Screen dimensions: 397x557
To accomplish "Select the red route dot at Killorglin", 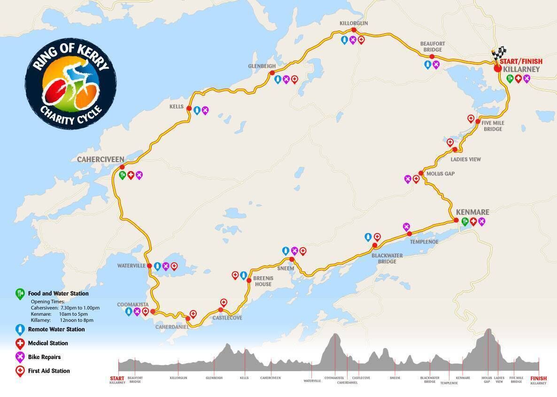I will [354, 31].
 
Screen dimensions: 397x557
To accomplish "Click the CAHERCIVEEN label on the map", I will [101, 160].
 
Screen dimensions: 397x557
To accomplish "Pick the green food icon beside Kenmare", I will [465, 221].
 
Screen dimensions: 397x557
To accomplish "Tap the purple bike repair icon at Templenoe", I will [407, 226].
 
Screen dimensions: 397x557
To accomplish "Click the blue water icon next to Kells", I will [197, 110].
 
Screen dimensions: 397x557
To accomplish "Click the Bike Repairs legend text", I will [44, 357].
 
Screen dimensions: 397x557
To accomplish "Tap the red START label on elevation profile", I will [117, 378].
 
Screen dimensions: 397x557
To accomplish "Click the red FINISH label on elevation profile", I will [538, 378].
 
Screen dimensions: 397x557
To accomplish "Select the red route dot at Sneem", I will [292, 259].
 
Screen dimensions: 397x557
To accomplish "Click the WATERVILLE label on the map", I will [131, 265].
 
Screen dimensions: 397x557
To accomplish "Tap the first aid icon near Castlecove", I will [224, 302].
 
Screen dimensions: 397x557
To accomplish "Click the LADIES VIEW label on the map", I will [465, 159].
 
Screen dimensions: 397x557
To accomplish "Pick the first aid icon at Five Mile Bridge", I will [471, 118].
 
